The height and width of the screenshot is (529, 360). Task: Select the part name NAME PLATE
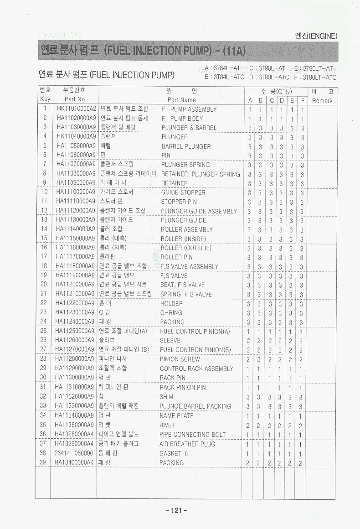coord(176,416)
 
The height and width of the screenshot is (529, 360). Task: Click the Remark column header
coord(323,101)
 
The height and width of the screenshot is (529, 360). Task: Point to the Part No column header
coord(75,99)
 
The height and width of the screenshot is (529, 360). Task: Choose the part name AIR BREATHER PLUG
coord(187,444)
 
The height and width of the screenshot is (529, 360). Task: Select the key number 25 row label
coord(44,331)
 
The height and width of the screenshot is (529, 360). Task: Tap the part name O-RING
coord(171,313)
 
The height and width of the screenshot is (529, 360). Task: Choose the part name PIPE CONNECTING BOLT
coord(192,435)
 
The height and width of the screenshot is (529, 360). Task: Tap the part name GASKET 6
coord(173,453)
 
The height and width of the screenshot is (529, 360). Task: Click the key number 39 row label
coord(43,462)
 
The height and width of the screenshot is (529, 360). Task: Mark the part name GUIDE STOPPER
coord(183,192)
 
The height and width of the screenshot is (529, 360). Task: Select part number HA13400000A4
coord(75,462)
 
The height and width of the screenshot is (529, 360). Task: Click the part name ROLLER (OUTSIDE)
coord(185,248)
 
